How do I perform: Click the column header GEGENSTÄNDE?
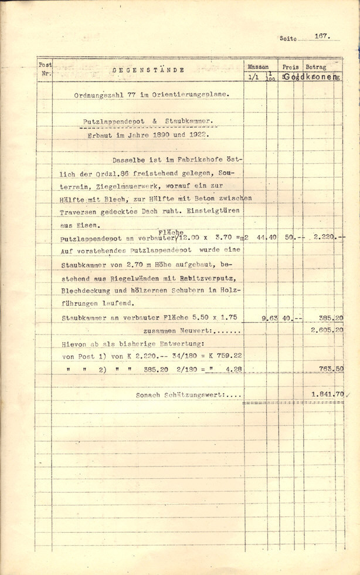pos(148,70)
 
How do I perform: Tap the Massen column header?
pos(258,67)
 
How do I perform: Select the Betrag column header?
pos(315,67)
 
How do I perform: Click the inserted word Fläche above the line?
pos(171,232)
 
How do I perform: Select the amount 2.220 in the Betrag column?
pos(324,237)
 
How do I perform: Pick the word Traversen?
pos(77,212)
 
